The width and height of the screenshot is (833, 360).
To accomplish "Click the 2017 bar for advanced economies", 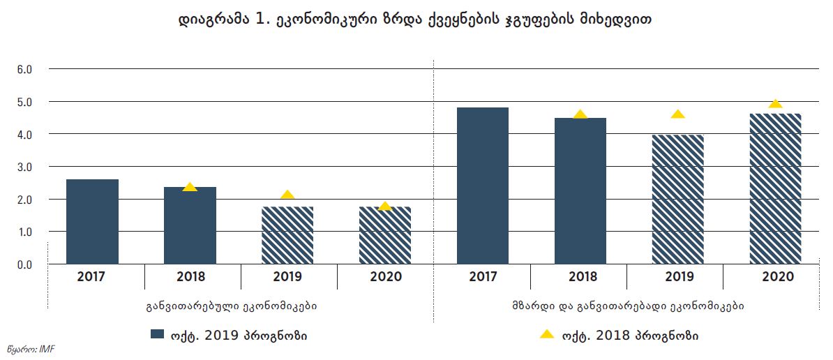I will tap(92, 222).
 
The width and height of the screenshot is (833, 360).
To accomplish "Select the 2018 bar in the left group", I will tap(190, 226).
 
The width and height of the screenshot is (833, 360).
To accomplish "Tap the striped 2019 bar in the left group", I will tap(287, 236).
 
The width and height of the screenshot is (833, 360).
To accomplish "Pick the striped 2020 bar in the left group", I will tap(385, 236).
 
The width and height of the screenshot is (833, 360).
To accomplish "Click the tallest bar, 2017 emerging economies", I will tap(483, 186).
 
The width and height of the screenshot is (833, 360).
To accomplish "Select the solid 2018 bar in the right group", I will tap(580, 191).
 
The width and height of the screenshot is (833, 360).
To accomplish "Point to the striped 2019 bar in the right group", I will tap(678, 200).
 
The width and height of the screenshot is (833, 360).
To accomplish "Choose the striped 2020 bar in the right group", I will tap(776, 188).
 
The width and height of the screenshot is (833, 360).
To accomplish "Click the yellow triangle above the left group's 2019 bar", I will tap(287, 195).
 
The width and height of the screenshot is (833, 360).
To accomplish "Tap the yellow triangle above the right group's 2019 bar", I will tap(678, 114).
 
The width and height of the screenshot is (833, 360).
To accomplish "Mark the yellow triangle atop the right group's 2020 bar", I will tap(776, 104).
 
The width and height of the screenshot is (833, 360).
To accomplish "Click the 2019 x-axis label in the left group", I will tap(288, 277).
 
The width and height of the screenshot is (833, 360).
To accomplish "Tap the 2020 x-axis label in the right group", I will tap(778, 277).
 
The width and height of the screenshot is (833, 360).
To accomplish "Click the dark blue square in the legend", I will tap(158, 334).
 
